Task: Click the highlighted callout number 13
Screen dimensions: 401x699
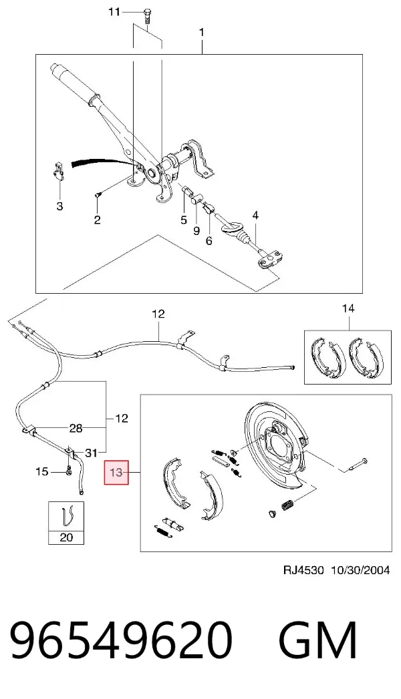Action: [x=116, y=472]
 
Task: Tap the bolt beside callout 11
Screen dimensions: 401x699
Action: [x=147, y=16]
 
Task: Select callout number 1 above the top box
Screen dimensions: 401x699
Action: [x=202, y=33]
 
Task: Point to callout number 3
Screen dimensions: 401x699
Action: [x=59, y=206]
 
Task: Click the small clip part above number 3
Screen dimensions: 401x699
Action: [x=58, y=170]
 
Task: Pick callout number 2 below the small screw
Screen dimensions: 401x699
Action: [x=97, y=220]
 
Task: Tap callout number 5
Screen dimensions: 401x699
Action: [x=183, y=220]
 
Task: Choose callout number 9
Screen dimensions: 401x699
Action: [x=196, y=230]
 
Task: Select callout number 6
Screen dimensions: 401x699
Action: [x=209, y=241]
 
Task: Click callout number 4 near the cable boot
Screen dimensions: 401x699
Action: [x=255, y=216]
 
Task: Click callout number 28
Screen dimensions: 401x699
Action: [x=76, y=429]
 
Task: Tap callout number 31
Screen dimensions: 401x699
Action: [x=91, y=453]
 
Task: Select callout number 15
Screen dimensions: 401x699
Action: [x=42, y=471]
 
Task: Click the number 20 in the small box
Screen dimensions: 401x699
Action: [x=66, y=537]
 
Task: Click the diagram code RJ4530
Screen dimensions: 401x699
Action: [x=303, y=570]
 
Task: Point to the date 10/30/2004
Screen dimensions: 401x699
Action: [x=360, y=570]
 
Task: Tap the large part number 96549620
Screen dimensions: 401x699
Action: [x=122, y=641]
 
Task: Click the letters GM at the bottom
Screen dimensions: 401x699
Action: [x=317, y=641]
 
